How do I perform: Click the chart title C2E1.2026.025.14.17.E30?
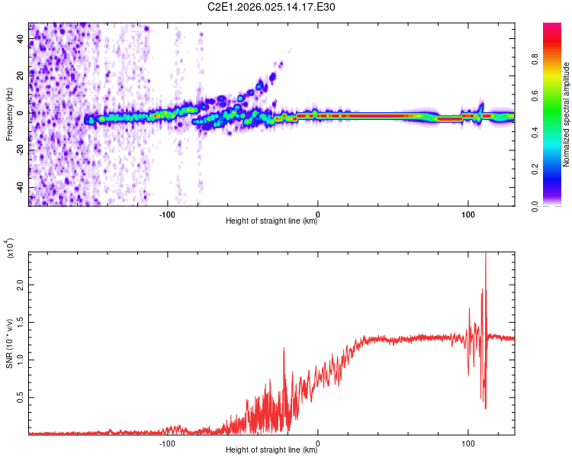tap(283, 7)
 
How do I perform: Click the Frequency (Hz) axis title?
tap(9, 114)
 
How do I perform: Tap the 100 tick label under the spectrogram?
tap(468, 214)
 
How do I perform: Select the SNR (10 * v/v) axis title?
tap(9, 343)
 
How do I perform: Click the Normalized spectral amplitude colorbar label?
tap(566, 114)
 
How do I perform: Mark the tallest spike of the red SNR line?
tap(486, 255)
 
